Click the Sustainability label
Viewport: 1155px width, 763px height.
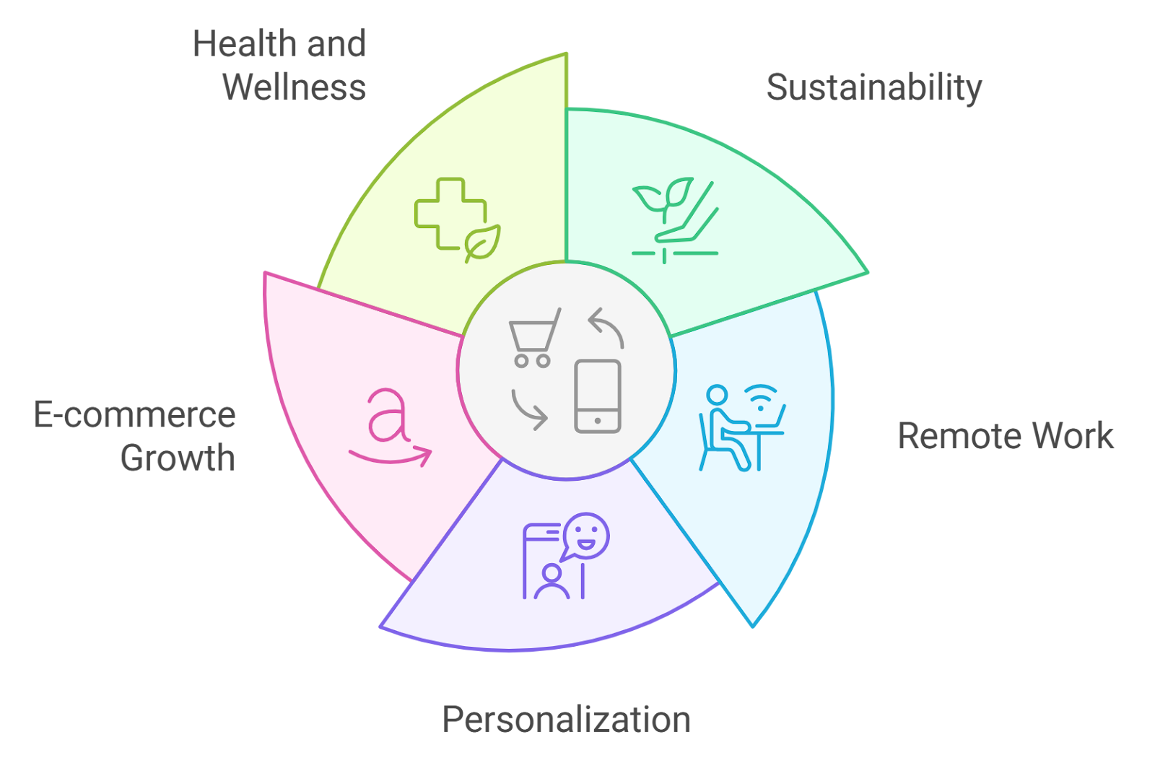click(873, 88)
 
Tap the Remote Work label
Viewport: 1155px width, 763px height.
click(1005, 436)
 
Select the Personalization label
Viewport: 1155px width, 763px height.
click(566, 720)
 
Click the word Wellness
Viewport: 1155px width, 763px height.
click(294, 87)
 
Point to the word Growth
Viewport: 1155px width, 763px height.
click(178, 458)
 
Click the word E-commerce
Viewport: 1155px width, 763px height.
click(135, 415)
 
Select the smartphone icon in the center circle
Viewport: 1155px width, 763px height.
click(598, 396)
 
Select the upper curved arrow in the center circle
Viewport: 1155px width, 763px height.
click(606, 327)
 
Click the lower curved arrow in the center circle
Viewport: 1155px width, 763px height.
click(529, 409)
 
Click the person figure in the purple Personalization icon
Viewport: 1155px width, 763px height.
click(552, 583)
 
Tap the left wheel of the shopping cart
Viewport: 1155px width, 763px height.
click(521, 360)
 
